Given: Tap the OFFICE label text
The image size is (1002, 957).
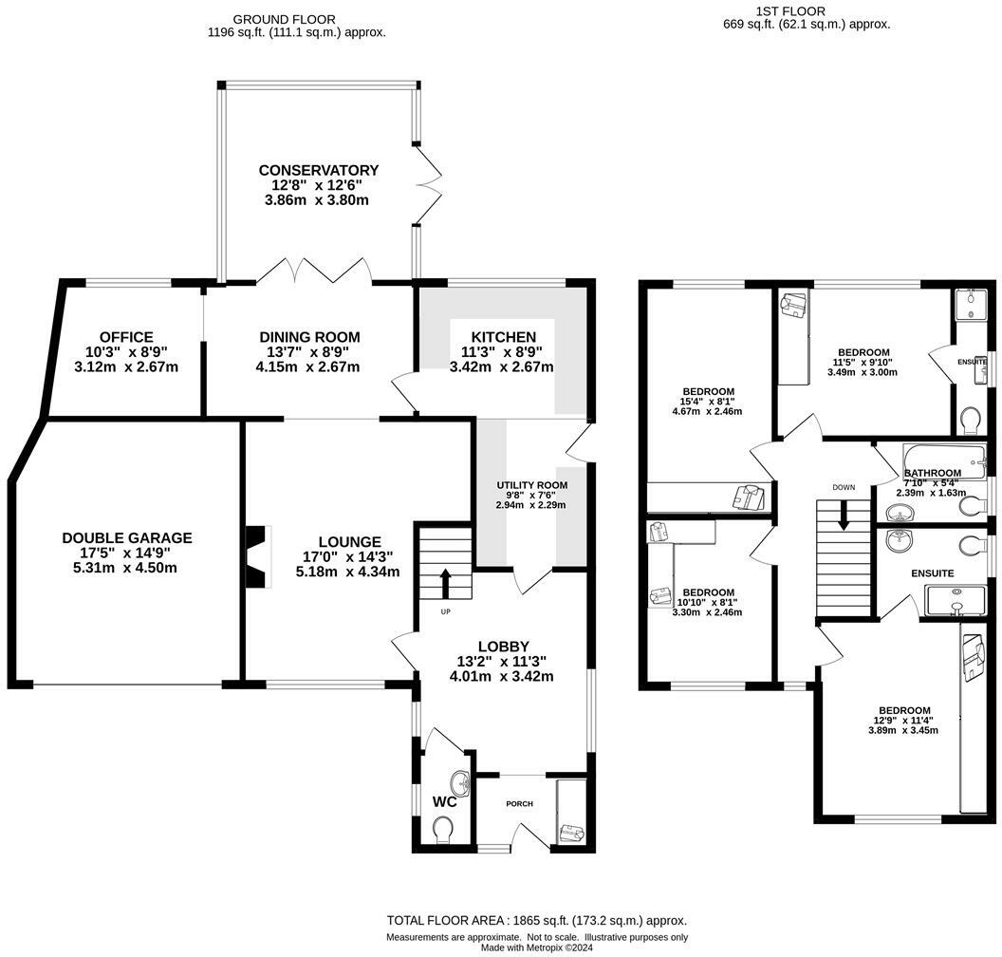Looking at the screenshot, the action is (125, 337).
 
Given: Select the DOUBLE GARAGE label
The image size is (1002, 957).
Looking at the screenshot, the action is (127, 538).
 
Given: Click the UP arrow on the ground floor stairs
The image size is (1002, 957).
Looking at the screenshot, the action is (445, 581).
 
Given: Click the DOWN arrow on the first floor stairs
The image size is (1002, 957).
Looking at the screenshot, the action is (844, 519).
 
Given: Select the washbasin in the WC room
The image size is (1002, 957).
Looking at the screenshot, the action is (461, 784).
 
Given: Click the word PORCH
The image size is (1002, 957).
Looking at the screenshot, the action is (519, 804).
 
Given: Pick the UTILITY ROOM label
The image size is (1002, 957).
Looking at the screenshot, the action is (531, 485).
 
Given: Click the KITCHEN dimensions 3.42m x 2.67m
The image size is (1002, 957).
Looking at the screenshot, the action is (501, 367).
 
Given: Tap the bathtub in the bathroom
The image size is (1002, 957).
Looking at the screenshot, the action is (935, 453).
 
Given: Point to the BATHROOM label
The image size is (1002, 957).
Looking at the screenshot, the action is (933, 473).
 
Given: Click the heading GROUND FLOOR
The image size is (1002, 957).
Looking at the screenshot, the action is (284, 19).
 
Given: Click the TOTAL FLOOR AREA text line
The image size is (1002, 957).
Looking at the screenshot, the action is (536, 920).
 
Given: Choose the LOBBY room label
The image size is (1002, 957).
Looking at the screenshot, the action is (503, 647).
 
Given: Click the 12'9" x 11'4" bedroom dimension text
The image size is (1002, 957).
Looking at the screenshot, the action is (903, 721).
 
